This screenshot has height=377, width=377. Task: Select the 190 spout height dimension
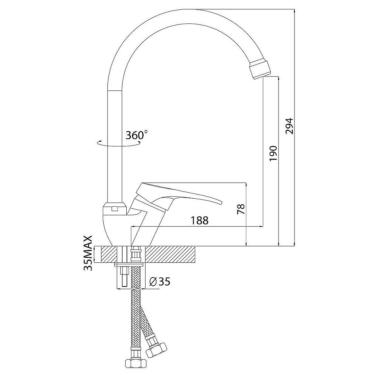(273, 153)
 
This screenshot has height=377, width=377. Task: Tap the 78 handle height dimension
(241, 209)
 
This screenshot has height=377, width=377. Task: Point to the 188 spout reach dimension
(199, 221)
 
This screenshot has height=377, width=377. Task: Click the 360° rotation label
(136, 135)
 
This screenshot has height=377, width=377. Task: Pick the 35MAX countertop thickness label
(88, 253)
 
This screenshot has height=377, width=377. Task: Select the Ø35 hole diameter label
(159, 282)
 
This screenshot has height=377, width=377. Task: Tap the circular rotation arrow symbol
(119, 143)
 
